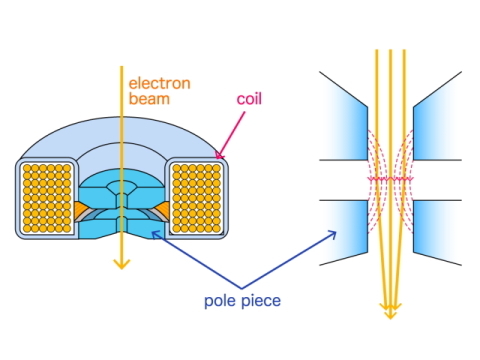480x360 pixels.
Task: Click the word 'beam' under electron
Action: (x=147, y=101)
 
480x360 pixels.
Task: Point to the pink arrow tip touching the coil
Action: (x=219, y=157)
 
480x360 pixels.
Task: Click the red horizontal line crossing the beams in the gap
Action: (x=391, y=179)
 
